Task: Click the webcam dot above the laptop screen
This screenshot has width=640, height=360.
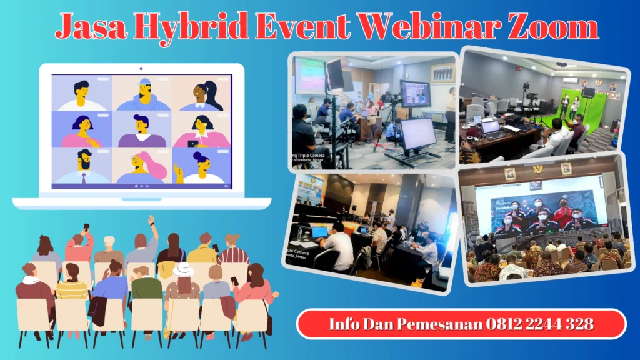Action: coord(141,68)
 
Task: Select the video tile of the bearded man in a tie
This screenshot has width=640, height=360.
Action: coord(82,166)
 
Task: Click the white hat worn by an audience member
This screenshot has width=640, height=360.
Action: coord(183,269)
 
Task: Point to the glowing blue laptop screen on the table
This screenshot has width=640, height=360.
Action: coord(319,232)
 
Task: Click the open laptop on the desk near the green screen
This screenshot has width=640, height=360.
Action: coord(491,127)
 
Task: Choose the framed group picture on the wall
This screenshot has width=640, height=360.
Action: coord(443,72)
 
